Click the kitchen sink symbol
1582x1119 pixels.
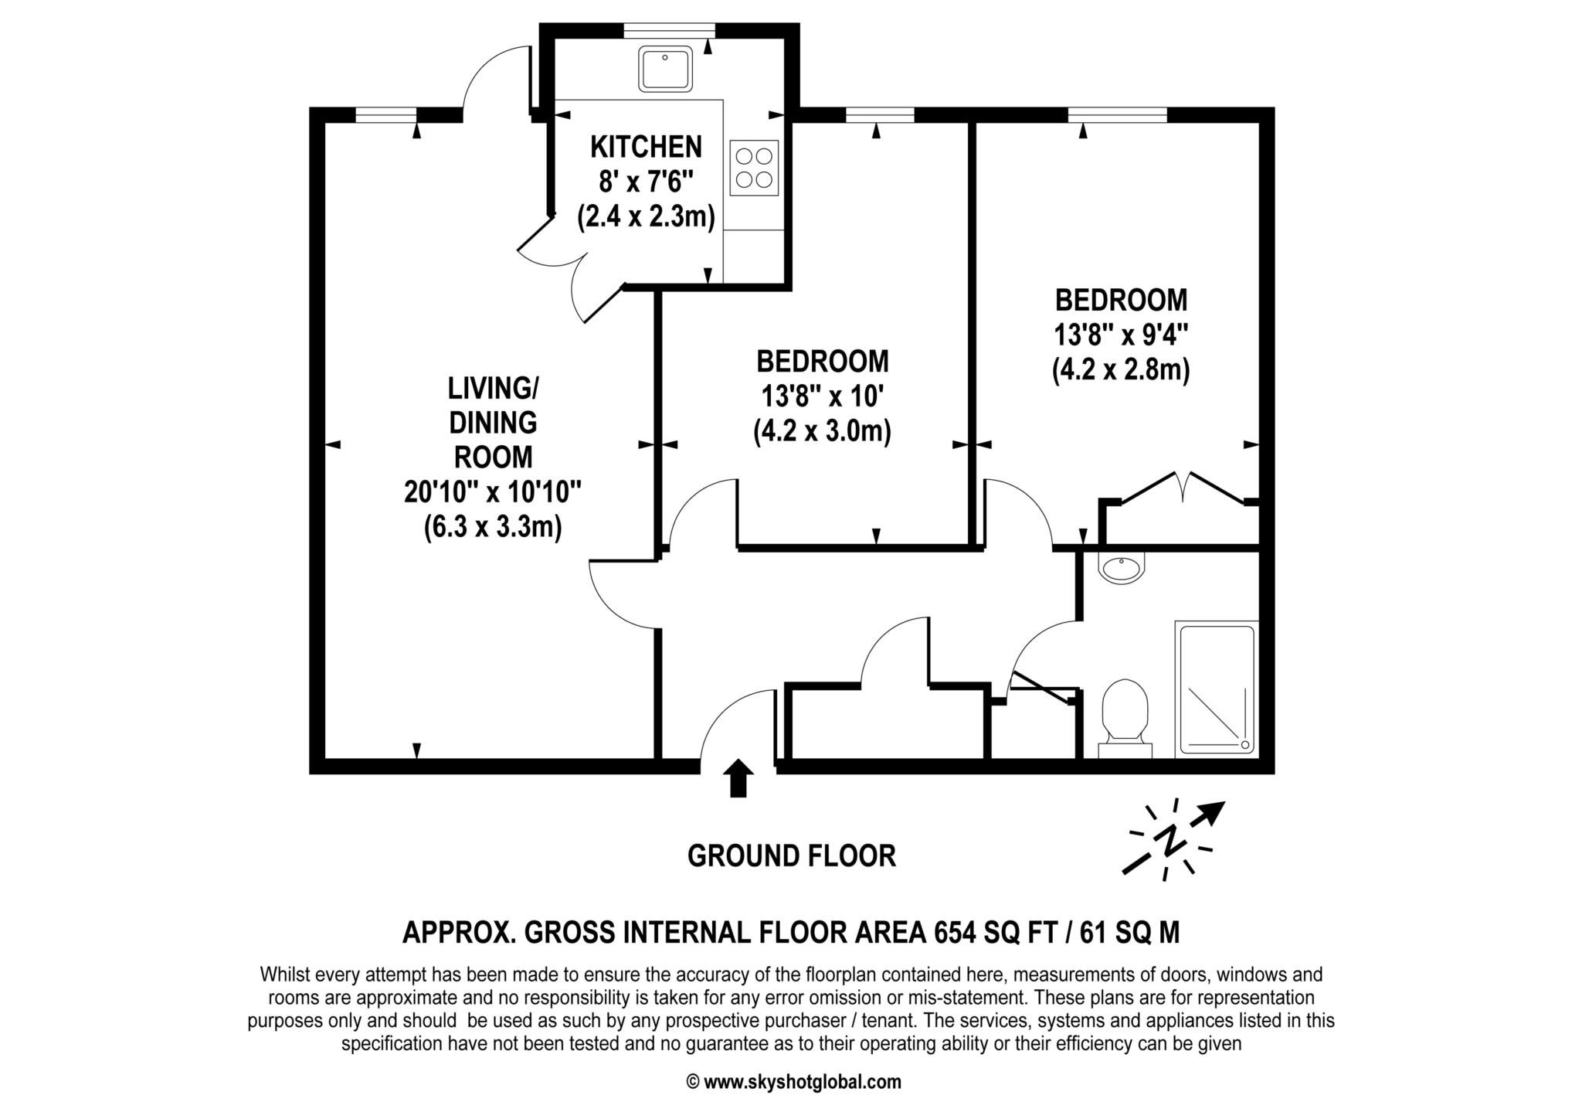[x=665, y=68]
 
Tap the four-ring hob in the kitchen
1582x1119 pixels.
[x=754, y=168]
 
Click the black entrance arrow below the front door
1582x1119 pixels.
[x=739, y=777]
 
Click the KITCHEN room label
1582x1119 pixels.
[x=646, y=146]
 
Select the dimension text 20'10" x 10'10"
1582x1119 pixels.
[x=493, y=491]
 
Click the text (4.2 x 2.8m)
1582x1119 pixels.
[x=1121, y=370]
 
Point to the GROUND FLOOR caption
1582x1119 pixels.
[x=791, y=856]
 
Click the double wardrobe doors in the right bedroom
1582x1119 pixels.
[x=1183, y=487]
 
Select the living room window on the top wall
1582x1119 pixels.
[x=385, y=115]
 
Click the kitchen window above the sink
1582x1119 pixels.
[x=669, y=30]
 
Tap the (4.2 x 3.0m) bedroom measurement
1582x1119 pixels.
[x=822, y=431]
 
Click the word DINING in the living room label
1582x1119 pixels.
[x=493, y=423]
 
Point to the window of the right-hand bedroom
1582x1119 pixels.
[x=1117, y=115]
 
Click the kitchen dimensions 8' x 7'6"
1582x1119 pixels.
[x=646, y=182]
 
